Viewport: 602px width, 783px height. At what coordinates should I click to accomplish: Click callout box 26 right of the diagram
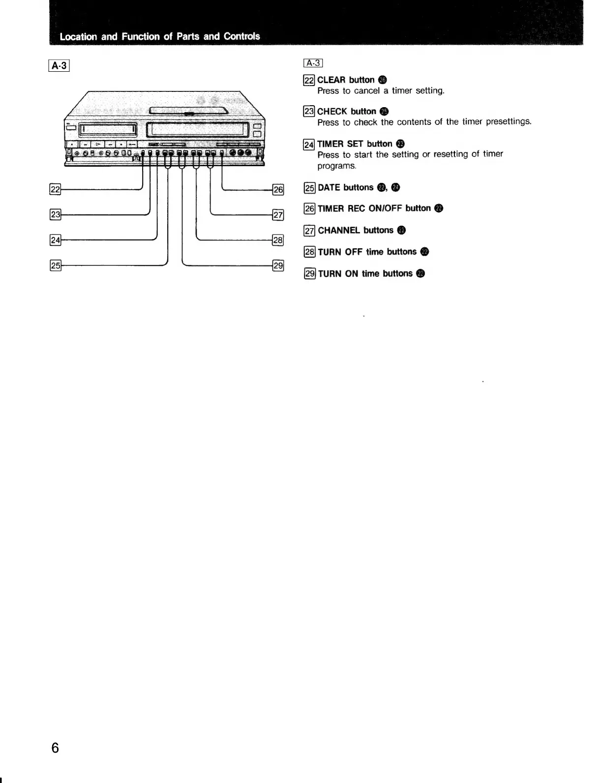[278, 189]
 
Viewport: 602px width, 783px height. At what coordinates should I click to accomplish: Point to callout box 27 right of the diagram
[278, 214]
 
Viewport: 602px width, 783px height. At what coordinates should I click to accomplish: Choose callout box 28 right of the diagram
[278, 240]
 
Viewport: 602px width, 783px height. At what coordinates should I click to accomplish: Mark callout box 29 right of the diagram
[278, 266]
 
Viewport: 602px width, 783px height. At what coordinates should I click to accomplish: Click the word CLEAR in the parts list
[331, 80]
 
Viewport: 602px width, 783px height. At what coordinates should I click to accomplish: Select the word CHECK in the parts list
[332, 112]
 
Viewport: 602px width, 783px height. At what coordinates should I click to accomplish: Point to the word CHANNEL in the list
[339, 231]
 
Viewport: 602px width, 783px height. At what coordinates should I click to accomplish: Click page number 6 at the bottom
[55, 748]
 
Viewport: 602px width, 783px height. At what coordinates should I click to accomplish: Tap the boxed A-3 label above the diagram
[60, 65]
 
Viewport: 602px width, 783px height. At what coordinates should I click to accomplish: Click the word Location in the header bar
[77, 36]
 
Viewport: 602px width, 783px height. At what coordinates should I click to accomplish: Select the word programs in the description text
[336, 166]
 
